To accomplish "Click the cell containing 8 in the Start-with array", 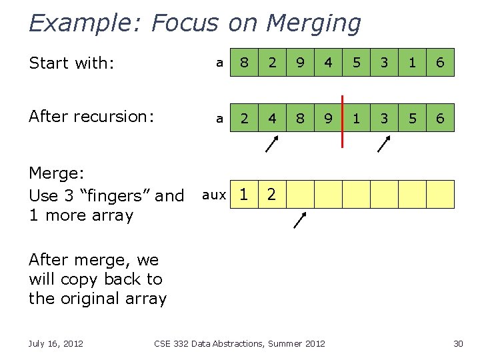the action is tap(245, 63).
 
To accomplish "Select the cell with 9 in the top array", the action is tap(301, 63).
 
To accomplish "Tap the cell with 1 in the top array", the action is tap(413, 63).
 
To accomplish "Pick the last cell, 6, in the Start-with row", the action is tap(441, 63).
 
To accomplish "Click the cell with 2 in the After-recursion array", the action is tap(245, 118).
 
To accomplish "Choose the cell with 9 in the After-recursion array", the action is tap(329, 118).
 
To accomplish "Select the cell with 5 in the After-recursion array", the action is tap(413, 118).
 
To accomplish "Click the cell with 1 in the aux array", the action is tap(245, 195).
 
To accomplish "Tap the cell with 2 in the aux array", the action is tap(273, 195).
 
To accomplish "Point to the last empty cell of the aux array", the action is tap(441, 195).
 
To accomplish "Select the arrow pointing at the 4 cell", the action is tap(272, 144).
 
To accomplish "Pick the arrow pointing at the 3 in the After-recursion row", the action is tap(384, 144).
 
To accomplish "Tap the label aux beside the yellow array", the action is tap(214, 195).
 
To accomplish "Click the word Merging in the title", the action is tap(313, 23).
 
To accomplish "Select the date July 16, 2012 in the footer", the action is tap(55, 343).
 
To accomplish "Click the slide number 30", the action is tap(457, 343).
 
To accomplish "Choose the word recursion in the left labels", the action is tap(117, 117).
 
